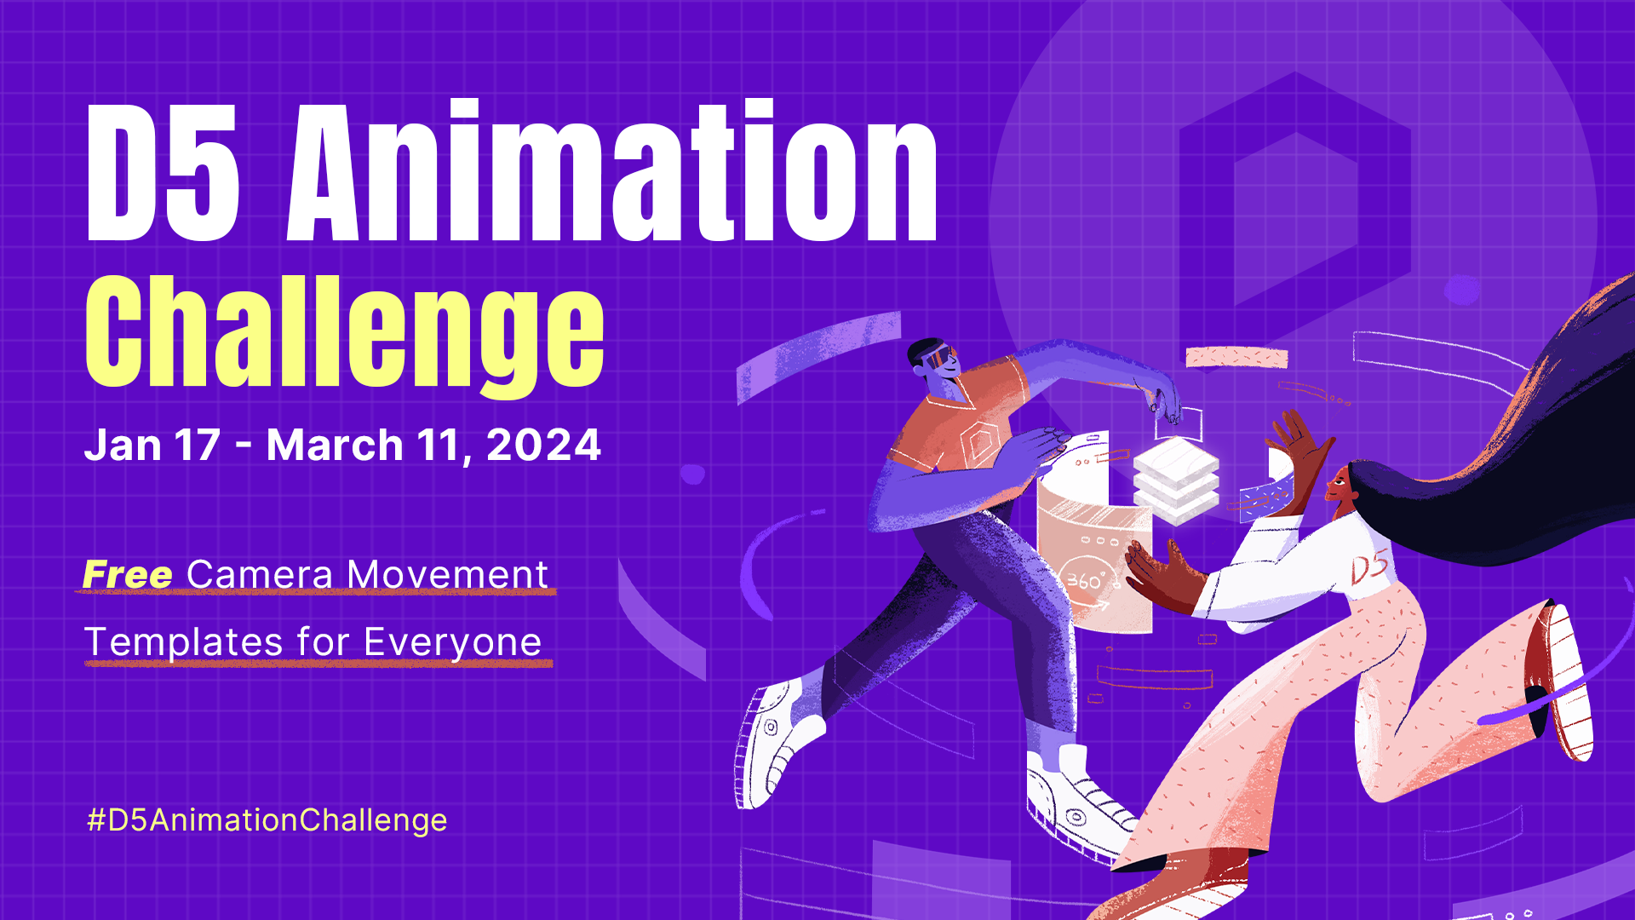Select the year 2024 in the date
coord(543,446)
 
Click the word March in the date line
coord(335,446)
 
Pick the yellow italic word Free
coord(128,575)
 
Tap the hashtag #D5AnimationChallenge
coord(267,820)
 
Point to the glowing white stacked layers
coord(1176,481)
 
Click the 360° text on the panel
coord(1085,581)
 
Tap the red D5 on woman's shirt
coord(1369,566)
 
